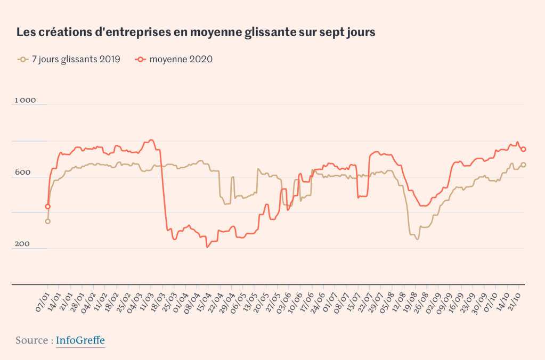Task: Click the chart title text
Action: [196, 32]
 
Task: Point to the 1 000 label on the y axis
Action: [25, 100]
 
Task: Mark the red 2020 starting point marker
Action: [48, 206]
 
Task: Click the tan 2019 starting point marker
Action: [48, 221]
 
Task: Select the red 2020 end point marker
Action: [524, 149]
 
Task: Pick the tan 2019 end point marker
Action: [524, 165]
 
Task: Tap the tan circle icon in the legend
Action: [23, 59]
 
